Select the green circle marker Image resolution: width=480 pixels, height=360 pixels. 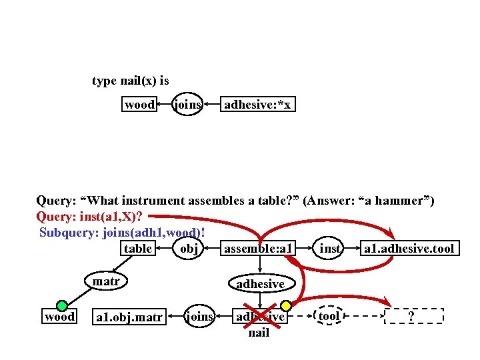point(62,305)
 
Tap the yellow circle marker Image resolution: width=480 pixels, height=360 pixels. point(285,306)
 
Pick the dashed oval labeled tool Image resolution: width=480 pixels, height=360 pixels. point(329,316)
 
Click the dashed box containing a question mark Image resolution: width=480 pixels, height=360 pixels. point(414,316)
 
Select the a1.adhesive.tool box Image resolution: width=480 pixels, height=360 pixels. point(408,249)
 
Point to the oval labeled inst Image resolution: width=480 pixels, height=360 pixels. point(331,249)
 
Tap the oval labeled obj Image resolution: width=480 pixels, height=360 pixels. point(189,249)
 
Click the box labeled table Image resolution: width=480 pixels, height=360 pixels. point(139,249)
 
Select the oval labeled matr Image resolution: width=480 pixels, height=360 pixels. point(106,282)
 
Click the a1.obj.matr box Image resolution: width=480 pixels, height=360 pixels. point(130,317)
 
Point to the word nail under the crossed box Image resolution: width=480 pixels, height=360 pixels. point(259,333)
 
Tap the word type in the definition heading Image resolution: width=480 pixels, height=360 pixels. point(104,81)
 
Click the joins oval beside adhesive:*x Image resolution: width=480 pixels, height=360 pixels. point(187,105)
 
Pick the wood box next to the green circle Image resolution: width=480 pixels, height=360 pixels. point(59,317)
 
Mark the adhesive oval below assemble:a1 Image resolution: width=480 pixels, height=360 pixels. point(260,283)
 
